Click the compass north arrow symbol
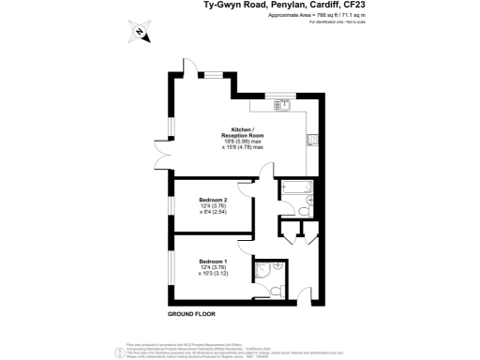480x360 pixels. pos(137,34)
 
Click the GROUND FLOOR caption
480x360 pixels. pos(193,313)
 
